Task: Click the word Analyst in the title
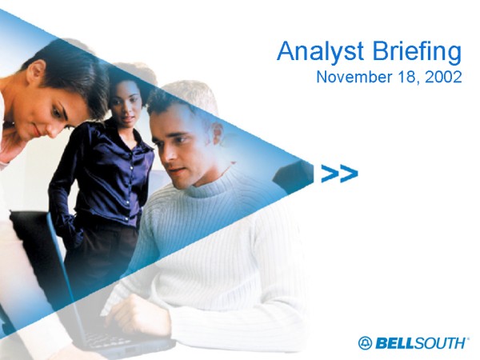click(320, 52)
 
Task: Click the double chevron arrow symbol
click(339, 174)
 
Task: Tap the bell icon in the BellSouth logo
click(366, 343)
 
